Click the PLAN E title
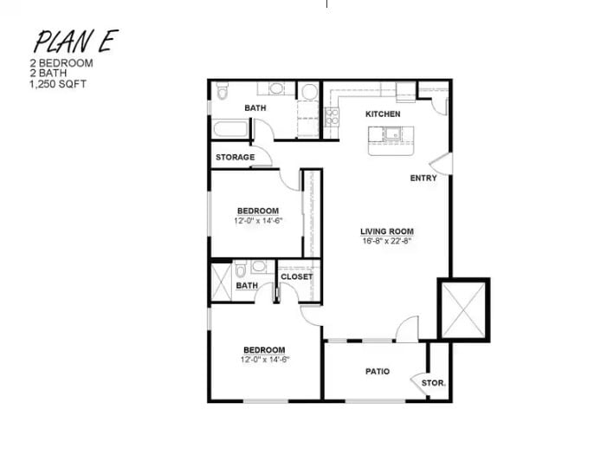point(75,41)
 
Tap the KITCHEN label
point(382,114)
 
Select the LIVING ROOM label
point(387,231)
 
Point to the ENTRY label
point(423,179)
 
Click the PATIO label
point(377,372)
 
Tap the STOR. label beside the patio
point(434,382)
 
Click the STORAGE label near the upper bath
point(235,157)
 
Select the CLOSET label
point(296,277)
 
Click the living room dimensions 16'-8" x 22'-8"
point(387,241)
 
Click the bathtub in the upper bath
point(229,129)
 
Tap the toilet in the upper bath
point(222,92)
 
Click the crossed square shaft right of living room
point(463,309)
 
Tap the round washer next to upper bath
point(309,93)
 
